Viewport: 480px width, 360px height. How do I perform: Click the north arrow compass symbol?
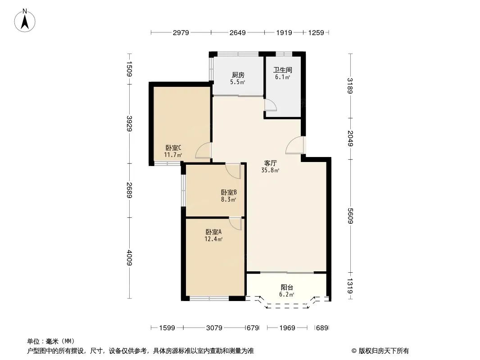pyautogui.click(x=25, y=21)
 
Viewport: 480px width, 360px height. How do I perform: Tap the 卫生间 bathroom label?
pyautogui.click(x=282, y=70)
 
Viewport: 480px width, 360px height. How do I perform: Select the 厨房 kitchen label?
pyautogui.click(x=238, y=75)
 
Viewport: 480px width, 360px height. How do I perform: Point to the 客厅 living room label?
pyautogui.click(x=270, y=163)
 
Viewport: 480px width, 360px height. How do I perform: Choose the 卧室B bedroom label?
pyautogui.click(x=229, y=193)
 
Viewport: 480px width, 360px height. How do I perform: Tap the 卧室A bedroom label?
pyautogui.click(x=213, y=232)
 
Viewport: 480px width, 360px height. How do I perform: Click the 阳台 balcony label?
pyautogui.click(x=287, y=288)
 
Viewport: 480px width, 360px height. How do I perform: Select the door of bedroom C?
pyautogui.click(x=203, y=150)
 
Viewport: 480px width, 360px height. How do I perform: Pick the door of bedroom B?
pyautogui.click(x=233, y=171)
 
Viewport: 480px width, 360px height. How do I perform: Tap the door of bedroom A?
pyautogui.click(x=235, y=224)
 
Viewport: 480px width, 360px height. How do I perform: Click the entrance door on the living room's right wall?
pyautogui.click(x=294, y=145)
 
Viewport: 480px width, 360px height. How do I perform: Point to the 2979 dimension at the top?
pyautogui.click(x=181, y=32)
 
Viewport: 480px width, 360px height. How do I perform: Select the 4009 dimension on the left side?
pyautogui.click(x=130, y=258)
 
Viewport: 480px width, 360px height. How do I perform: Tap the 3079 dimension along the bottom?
pyautogui.click(x=214, y=328)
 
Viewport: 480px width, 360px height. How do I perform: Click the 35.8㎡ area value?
pyautogui.click(x=270, y=171)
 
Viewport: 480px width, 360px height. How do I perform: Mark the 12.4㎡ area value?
pyautogui.click(x=213, y=239)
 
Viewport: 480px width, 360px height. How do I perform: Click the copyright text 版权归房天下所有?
pyautogui.click(x=384, y=351)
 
